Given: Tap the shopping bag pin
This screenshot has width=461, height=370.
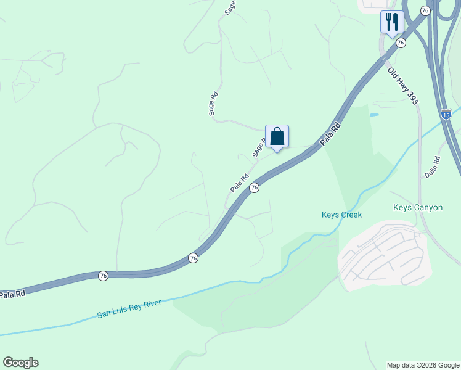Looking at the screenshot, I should pyautogui.click(x=277, y=137).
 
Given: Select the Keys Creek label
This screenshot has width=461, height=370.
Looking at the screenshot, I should pyautogui.click(x=341, y=215).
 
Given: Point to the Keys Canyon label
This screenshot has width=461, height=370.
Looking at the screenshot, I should pyautogui.click(x=418, y=207).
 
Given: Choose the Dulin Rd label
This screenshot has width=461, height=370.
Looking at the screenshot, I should pyautogui.click(x=433, y=167).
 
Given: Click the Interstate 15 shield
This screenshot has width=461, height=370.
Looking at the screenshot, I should pyautogui.click(x=446, y=114).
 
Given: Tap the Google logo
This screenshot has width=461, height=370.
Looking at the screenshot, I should pyautogui.click(x=20, y=363).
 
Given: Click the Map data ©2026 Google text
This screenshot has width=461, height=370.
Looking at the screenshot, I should pyautogui.click(x=422, y=365).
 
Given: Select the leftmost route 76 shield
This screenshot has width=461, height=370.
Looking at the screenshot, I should pyautogui.click(x=103, y=275).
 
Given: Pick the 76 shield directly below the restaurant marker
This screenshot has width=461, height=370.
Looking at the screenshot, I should pyautogui.click(x=401, y=43).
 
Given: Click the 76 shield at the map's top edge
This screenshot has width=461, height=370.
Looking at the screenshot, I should pyautogui.click(x=425, y=10).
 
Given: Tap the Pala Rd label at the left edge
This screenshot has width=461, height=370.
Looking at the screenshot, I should pyautogui.click(x=12, y=295).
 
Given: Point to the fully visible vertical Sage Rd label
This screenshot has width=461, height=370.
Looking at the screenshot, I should pyautogui.click(x=213, y=104).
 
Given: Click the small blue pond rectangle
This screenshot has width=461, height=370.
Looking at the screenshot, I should pyautogui.click(x=373, y=115).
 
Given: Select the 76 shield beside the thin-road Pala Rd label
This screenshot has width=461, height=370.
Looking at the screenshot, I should pyautogui.click(x=254, y=187).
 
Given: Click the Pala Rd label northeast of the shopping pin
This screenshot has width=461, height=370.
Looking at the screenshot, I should pyautogui.click(x=330, y=134).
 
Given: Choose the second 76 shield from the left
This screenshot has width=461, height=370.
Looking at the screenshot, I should pyautogui.click(x=194, y=258).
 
